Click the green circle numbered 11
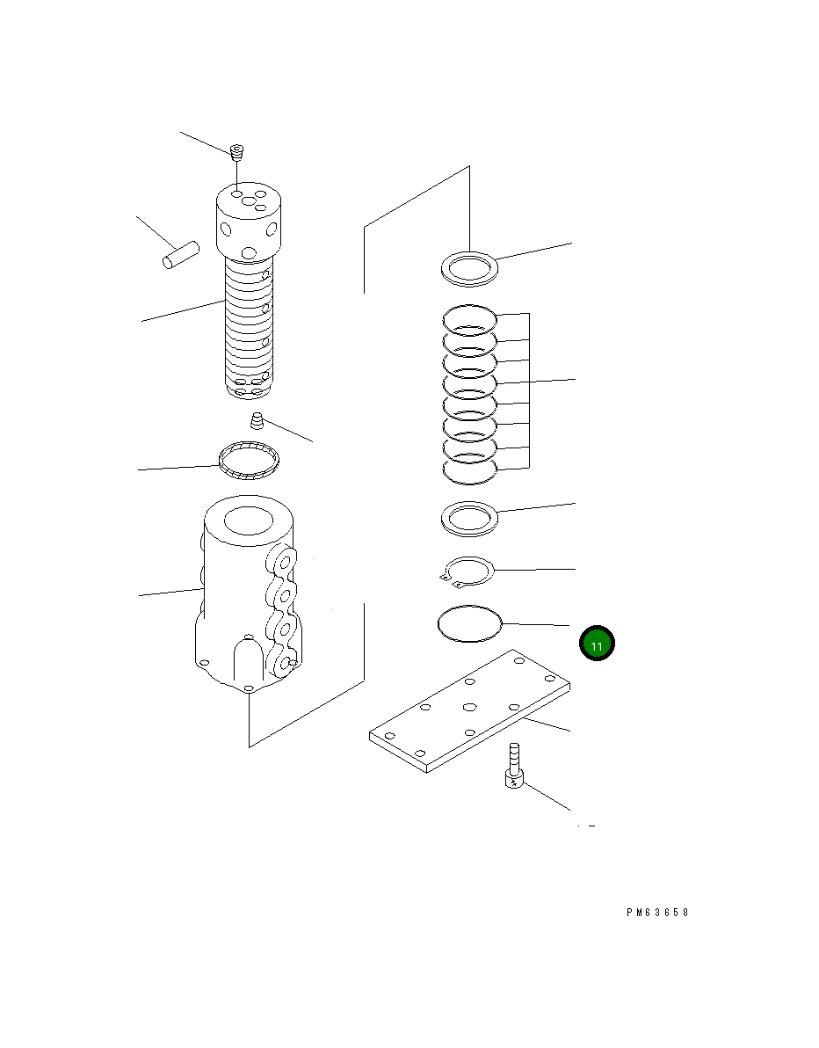pos(597,644)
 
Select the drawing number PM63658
pos(657,913)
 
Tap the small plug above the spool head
pos(236,153)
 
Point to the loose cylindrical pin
pos(181,256)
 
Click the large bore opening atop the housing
pos(250,521)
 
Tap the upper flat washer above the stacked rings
pos(469,267)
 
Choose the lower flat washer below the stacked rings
pos(469,518)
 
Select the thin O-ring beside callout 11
pos(469,624)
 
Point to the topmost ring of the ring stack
pos(469,317)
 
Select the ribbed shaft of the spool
pos(250,325)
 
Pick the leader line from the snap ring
pos(536,571)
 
